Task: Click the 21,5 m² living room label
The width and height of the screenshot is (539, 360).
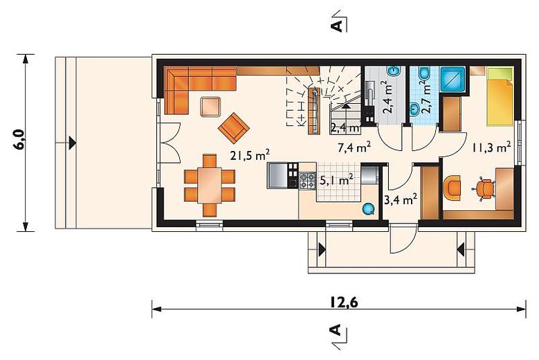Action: pos(250,155)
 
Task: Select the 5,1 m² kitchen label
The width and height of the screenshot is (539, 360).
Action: pos(336,180)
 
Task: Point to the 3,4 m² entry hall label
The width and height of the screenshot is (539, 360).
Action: pos(401,199)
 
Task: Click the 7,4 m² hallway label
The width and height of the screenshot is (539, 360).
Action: pos(354,147)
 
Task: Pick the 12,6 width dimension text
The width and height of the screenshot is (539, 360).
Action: pos(344,303)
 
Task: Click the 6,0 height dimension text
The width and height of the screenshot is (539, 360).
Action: pos(19,139)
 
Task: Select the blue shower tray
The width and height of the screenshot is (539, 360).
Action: pos(453,79)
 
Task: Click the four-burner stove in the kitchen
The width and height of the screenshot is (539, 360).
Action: pos(308,181)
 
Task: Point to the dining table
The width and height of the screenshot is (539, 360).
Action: pos(210,185)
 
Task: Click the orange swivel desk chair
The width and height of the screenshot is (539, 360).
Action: pos(484,188)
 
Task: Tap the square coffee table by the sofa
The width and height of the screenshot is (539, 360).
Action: pos(211,107)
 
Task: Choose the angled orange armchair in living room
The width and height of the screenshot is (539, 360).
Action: pos(233,127)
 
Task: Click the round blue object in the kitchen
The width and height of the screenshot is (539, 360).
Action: pos(369,208)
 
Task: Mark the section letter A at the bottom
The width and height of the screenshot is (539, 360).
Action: pos(336,330)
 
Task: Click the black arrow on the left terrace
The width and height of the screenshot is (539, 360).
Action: pos(72,143)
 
